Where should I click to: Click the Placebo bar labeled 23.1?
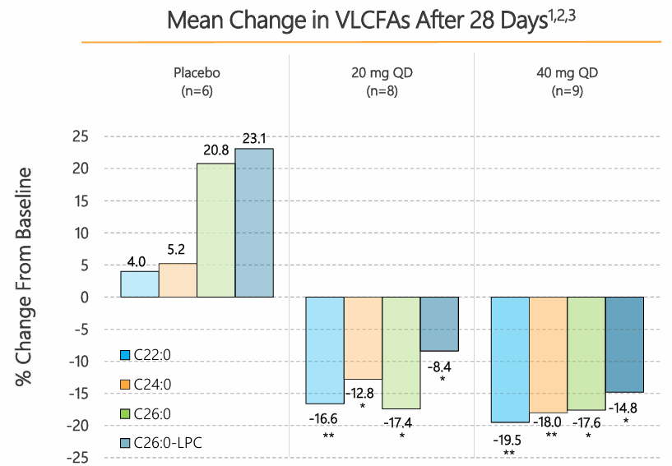(254, 223)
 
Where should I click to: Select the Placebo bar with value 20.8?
(216, 230)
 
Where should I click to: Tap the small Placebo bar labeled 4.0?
(139, 284)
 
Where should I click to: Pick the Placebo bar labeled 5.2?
(178, 279)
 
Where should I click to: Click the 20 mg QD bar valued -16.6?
(325, 350)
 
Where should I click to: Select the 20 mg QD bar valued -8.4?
(439, 324)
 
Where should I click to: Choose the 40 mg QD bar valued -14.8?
(624, 344)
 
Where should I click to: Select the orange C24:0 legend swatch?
(125, 385)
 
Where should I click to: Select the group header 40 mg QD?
(567, 73)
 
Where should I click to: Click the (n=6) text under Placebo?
(197, 91)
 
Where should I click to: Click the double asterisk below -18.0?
(551, 435)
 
